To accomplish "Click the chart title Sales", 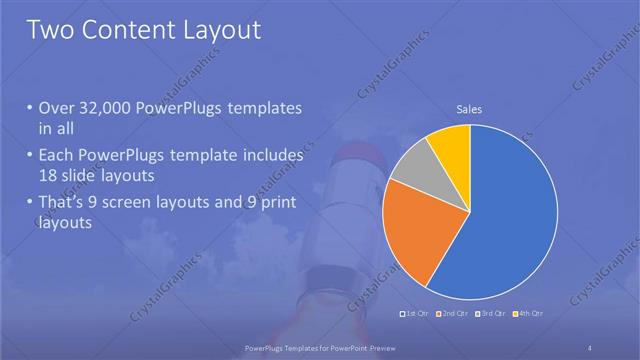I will [470, 108].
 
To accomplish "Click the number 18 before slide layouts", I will [49, 176].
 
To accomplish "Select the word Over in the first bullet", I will [56, 108].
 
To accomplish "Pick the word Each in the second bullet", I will [55, 156].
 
